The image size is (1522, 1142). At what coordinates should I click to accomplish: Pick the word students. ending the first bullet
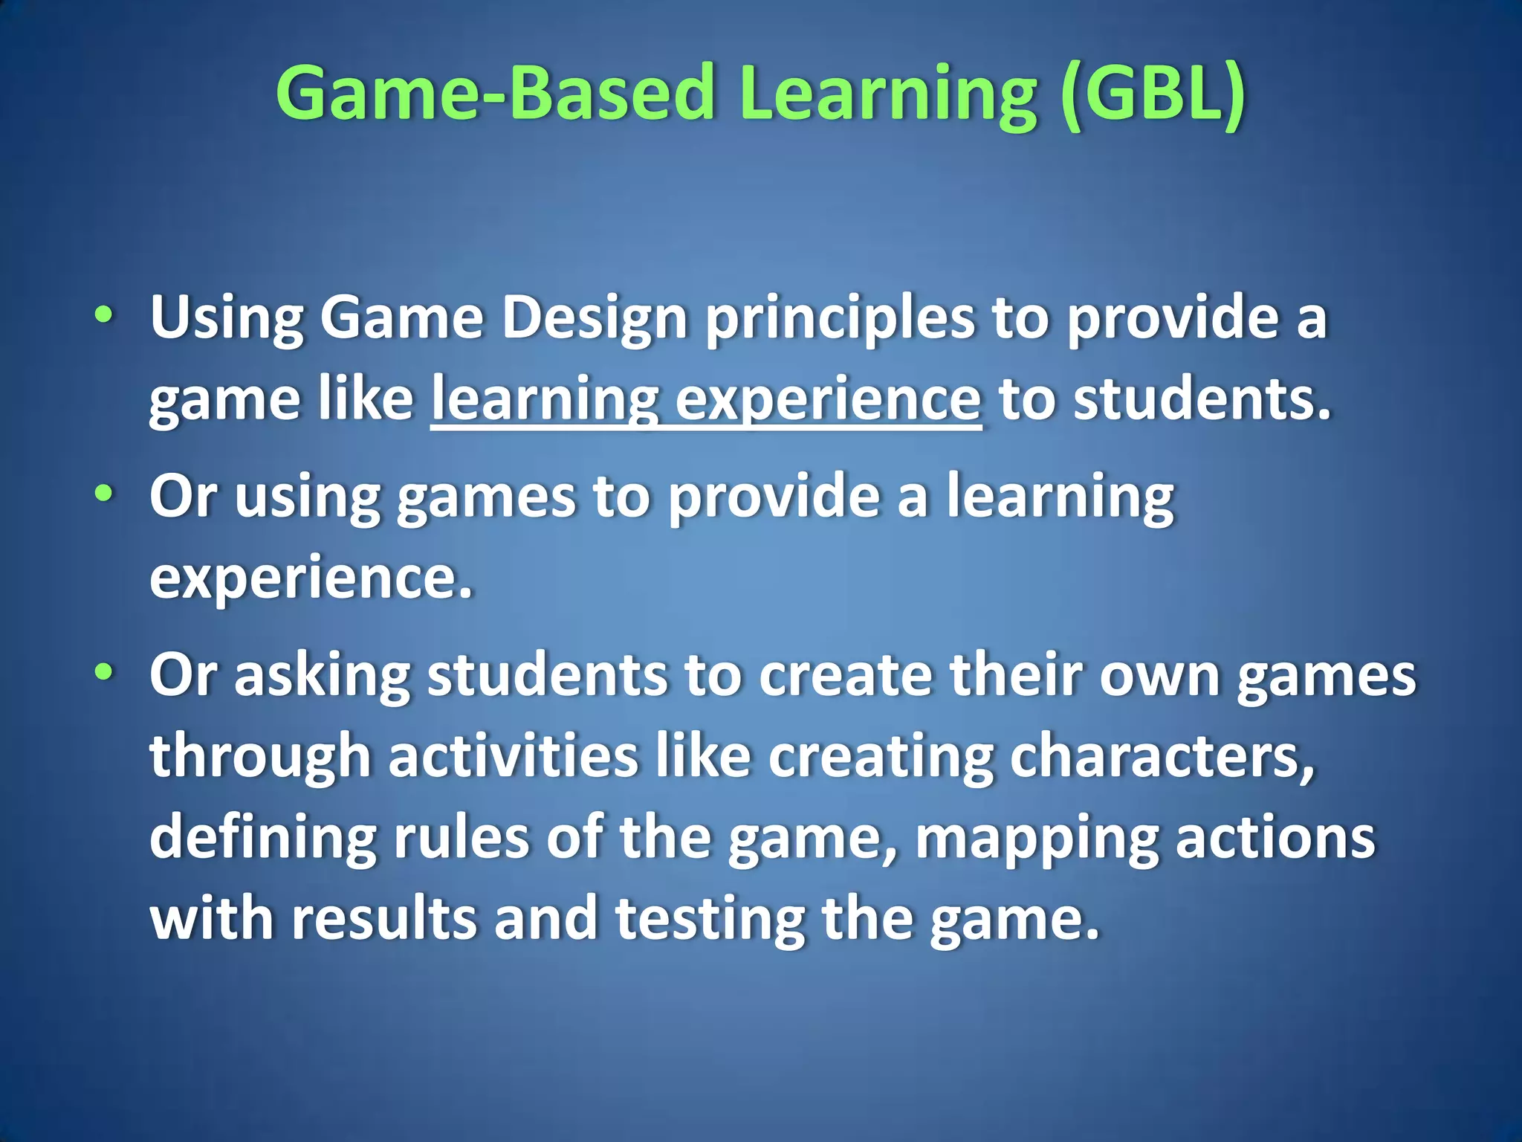1202,399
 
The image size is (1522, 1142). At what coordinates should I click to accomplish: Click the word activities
513,756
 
